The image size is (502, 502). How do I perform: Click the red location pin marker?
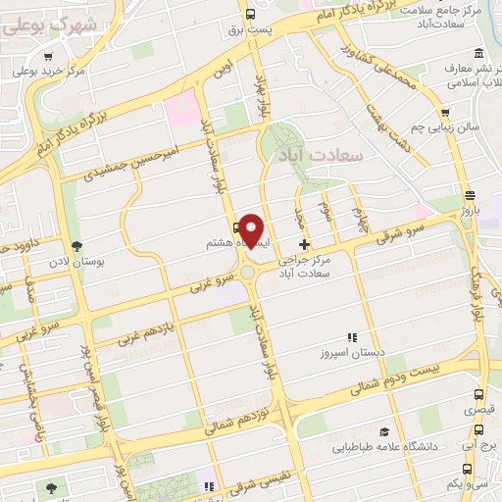click(252, 228)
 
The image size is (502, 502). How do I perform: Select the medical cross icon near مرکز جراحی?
click(304, 243)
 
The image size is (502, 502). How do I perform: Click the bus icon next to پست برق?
click(251, 14)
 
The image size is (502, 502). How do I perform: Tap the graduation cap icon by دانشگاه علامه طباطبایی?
click(383, 431)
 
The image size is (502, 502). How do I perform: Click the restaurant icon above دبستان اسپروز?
click(351, 336)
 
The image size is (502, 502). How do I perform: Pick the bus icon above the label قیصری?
click(477, 395)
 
